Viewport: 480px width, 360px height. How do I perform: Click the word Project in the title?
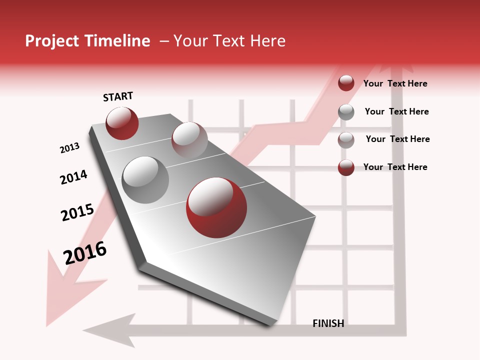pyautogui.click(x=52, y=41)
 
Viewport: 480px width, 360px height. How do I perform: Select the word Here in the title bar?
pyautogui.click(x=267, y=41)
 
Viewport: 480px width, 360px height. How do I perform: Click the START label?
pyautogui.click(x=118, y=96)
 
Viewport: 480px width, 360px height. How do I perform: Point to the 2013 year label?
pyautogui.click(x=69, y=148)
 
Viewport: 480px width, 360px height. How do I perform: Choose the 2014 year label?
pyautogui.click(x=73, y=177)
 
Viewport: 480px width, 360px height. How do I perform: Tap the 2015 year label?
pyautogui.click(x=77, y=212)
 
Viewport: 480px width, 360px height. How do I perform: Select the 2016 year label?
pyautogui.click(x=85, y=252)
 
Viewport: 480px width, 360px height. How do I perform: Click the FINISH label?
pyautogui.click(x=328, y=323)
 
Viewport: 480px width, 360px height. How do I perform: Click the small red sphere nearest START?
pyautogui.click(x=122, y=123)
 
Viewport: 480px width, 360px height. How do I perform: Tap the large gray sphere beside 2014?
pyautogui.click(x=145, y=180)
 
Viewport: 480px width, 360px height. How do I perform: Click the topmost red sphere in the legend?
pyautogui.click(x=346, y=83)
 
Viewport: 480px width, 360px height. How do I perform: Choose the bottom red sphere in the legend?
pyautogui.click(x=346, y=167)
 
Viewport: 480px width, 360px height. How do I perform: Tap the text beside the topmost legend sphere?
pyautogui.click(x=395, y=84)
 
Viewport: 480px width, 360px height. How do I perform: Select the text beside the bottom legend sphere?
pyautogui.click(x=395, y=167)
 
